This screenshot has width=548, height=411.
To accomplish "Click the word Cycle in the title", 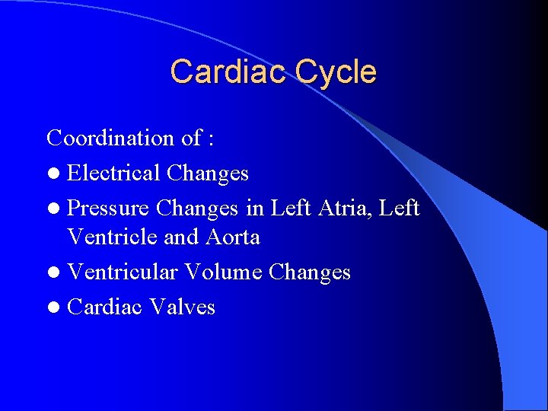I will point(335,72).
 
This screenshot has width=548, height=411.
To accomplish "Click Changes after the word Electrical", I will point(208,173).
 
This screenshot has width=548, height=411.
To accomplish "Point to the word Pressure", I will point(109,207).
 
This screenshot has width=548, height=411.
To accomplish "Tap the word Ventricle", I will point(113,237).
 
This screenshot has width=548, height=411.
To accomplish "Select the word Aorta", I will point(232,237).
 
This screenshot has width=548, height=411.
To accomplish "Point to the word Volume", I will point(225,272).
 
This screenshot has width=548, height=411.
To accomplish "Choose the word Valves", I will point(183,307).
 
